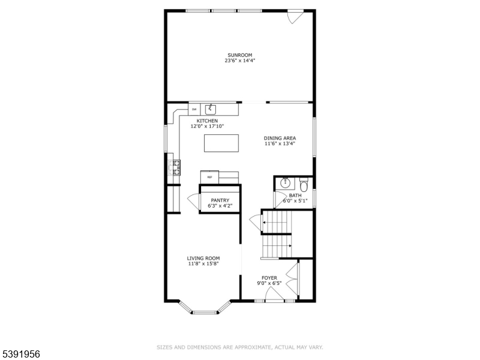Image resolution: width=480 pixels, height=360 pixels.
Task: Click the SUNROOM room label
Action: point(239,55)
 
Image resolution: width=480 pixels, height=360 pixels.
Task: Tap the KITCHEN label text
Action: point(204,121)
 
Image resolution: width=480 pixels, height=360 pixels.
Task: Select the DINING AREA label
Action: point(280,139)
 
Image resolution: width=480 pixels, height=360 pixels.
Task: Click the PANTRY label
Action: point(220,200)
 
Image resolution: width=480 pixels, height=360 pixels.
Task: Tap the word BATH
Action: point(295,195)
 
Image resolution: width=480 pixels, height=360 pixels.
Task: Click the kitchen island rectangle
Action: point(221,143)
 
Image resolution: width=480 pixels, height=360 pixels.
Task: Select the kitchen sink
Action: point(211,109)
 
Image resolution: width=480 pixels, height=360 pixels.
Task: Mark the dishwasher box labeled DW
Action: point(194,109)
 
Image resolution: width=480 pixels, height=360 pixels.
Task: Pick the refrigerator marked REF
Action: point(209,177)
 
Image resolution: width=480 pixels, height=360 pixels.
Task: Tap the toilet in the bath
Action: point(304,184)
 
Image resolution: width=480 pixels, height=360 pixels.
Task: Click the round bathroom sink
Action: point(285,182)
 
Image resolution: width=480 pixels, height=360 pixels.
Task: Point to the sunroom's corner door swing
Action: point(295,18)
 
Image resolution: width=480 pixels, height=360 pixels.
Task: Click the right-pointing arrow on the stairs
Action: point(290,245)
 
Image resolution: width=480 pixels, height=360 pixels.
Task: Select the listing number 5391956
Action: point(20,355)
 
